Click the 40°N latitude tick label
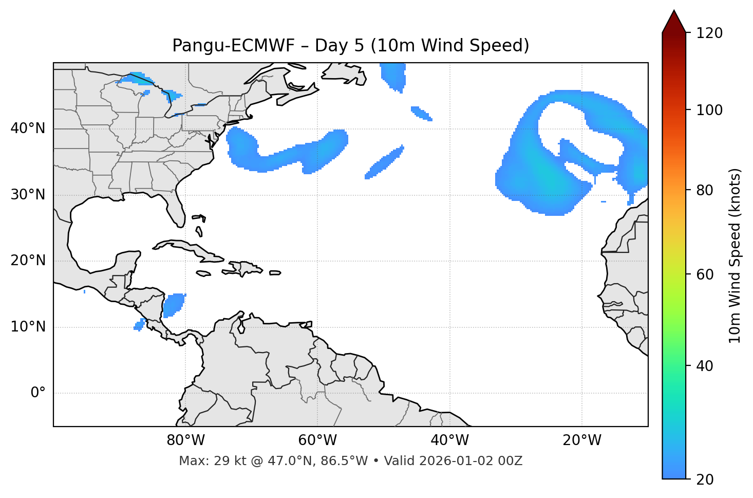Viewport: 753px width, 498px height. click(28, 128)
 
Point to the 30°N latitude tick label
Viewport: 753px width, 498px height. click(28, 195)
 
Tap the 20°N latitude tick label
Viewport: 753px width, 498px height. click(28, 261)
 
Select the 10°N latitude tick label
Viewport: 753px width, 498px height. click(28, 327)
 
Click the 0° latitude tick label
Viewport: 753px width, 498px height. click(38, 393)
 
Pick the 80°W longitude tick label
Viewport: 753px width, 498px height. click(185, 440)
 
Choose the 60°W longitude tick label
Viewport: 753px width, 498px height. click(317, 440)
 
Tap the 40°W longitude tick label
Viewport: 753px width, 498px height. click(449, 440)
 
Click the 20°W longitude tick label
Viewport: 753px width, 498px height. click(581, 440)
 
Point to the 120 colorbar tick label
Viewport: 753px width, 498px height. click(709, 33)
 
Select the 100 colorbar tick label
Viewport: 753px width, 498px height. click(709, 110)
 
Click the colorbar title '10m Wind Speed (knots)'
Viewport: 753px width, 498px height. click(735, 255)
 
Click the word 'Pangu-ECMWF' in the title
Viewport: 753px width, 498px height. click(233, 46)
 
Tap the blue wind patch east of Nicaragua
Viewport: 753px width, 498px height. click(174, 305)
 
